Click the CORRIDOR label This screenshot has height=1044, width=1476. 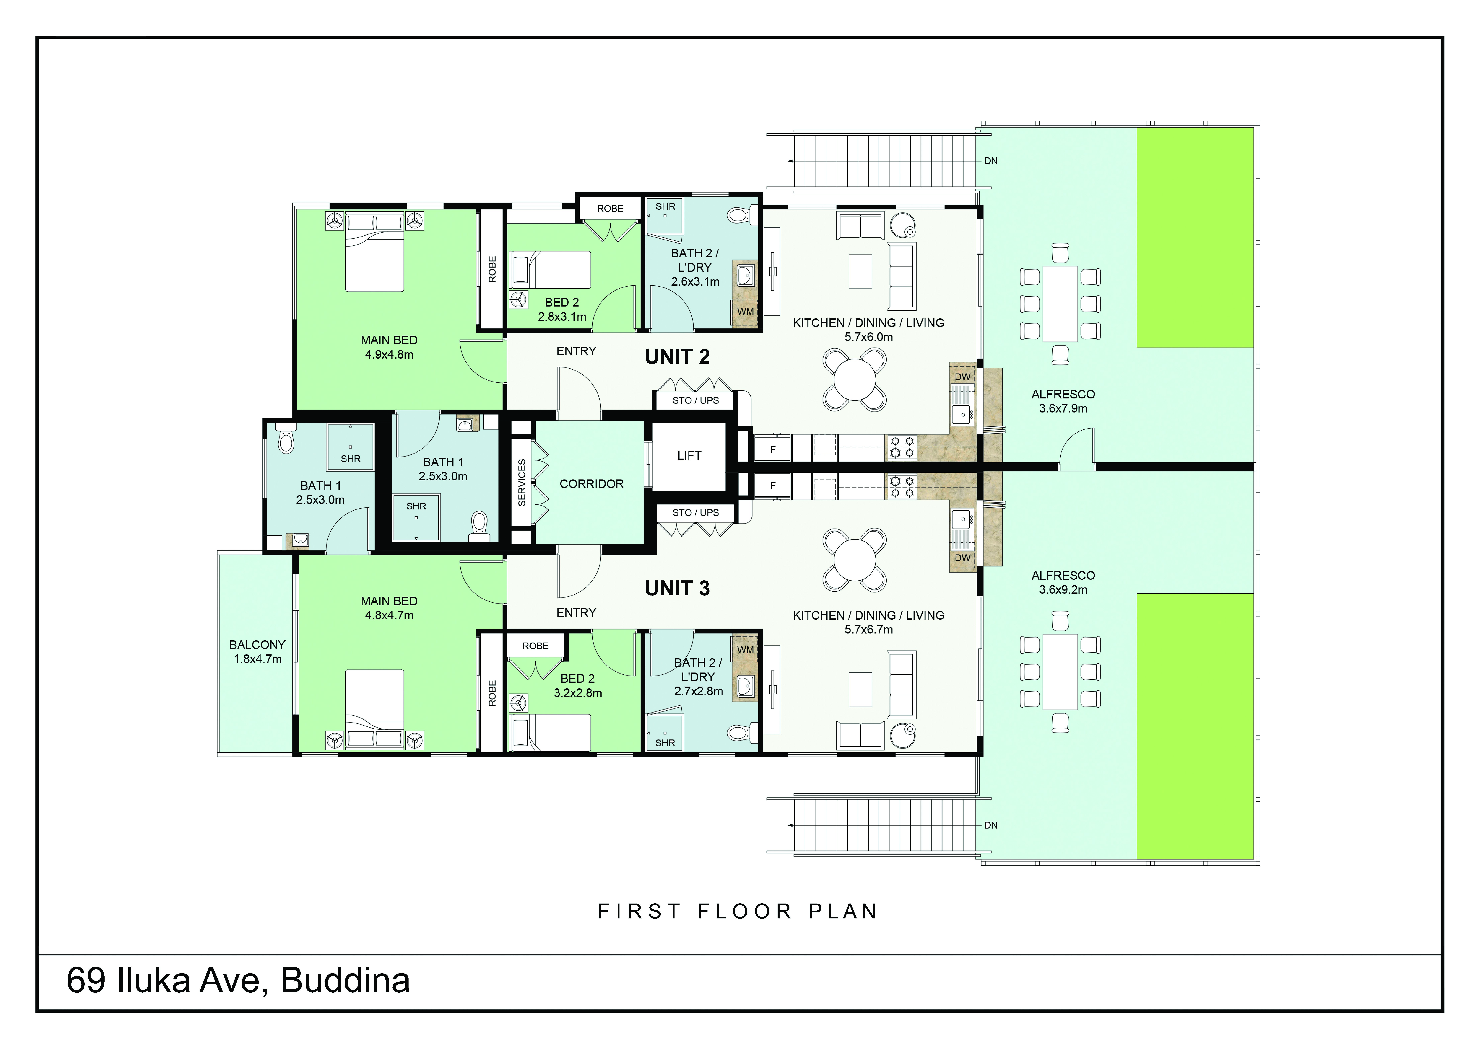(591, 484)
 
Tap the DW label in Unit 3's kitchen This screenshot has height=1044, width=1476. (962, 558)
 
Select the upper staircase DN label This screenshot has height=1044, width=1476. (991, 161)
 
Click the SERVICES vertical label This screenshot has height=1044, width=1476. (522, 482)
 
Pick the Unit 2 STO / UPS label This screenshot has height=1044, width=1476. (696, 400)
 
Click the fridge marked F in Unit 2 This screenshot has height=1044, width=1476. (773, 448)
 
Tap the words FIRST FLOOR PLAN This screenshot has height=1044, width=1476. (737, 911)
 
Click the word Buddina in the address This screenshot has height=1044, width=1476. (345, 980)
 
